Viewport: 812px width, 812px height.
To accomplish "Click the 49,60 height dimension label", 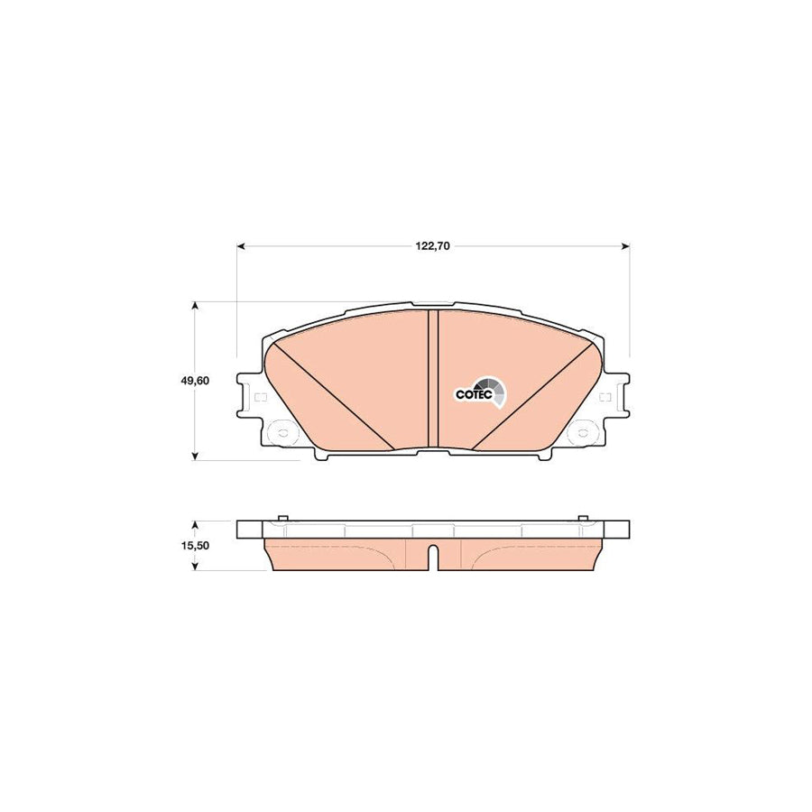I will point(195,381).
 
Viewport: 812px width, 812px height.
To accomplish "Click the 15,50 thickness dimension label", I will point(195,546).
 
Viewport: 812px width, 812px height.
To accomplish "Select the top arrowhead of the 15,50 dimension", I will point(196,524).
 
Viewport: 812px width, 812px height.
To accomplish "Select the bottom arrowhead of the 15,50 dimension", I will point(196,567).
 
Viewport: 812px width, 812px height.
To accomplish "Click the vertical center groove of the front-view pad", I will point(432,379).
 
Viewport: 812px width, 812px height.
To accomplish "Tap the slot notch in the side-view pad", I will point(432,558).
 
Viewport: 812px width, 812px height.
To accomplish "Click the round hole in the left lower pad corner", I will point(281,432).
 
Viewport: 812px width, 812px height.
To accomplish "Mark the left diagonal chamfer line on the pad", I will point(332,394).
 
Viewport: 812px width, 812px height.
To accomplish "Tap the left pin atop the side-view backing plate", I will point(281,518).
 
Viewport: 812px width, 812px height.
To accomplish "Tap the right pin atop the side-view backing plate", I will point(584,518).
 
